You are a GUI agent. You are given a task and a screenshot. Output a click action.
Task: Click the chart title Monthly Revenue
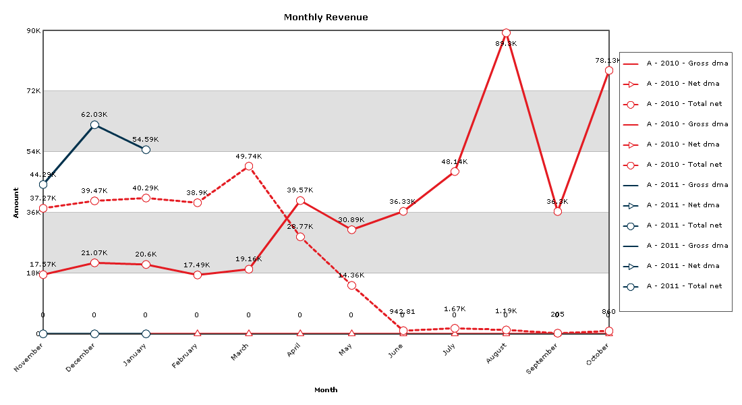[326, 18]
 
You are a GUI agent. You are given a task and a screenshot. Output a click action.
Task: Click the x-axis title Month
[326, 389]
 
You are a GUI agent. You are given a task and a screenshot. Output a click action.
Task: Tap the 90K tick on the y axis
[33, 31]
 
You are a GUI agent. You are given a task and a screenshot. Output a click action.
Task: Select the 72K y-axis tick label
[33, 91]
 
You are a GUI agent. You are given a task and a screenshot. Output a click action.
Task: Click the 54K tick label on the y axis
[33, 152]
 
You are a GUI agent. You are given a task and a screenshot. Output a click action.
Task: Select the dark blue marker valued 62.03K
[94, 125]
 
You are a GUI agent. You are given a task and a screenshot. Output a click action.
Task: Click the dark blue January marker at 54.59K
[146, 149]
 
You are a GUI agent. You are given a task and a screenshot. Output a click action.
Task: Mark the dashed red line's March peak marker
[249, 166]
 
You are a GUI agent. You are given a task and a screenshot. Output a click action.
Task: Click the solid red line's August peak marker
[506, 33]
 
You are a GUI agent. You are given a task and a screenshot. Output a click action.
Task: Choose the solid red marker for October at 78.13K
[609, 70]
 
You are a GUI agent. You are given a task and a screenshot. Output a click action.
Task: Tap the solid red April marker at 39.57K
[300, 200]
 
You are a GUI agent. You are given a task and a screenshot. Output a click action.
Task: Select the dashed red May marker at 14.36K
[351, 286]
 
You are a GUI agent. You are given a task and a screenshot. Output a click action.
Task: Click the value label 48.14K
[455, 162]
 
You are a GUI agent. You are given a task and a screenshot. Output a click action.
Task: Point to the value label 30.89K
[351, 220]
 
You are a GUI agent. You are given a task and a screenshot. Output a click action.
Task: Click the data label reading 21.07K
[94, 253]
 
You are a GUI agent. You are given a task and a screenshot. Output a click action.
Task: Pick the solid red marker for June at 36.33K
[403, 211]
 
